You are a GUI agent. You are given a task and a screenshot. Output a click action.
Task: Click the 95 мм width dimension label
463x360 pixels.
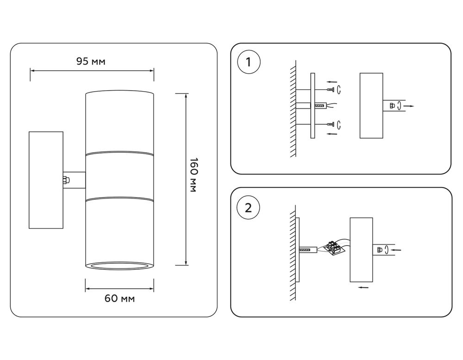(91, 62)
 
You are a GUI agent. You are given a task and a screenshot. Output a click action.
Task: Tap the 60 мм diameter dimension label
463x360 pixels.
(119, 298)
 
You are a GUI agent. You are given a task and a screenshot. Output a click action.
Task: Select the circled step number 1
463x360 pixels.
(249, 62)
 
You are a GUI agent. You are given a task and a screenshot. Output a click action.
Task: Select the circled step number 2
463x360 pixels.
(249, 207)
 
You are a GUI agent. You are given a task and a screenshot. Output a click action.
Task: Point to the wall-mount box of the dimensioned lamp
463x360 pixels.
(46, 180)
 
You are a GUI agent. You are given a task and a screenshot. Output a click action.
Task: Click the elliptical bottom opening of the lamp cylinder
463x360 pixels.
(119, 266)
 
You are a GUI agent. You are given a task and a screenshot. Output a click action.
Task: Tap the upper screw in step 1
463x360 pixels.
(330, 89)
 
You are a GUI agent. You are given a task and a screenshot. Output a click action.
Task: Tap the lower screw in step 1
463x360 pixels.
(330, 124)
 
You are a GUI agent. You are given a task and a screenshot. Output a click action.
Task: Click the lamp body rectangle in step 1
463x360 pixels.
(371, 106)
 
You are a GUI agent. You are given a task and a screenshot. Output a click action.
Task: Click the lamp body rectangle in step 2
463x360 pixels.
(361, 250)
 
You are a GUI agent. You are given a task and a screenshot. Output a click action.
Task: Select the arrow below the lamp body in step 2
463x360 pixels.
(364, 288)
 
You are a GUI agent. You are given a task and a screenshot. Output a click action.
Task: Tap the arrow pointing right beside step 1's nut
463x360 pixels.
(409, 106)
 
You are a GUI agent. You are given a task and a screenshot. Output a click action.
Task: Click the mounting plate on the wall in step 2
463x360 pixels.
(299, 250)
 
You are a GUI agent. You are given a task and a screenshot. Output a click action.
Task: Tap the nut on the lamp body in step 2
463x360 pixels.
(380, 250)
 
